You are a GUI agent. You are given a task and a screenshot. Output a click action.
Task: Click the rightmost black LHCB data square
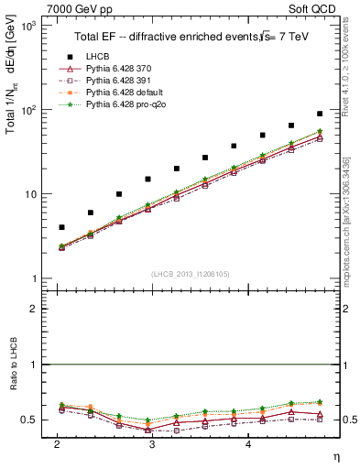[x=320, y=114]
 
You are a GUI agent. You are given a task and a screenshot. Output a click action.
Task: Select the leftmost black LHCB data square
[x=61, y=227]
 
